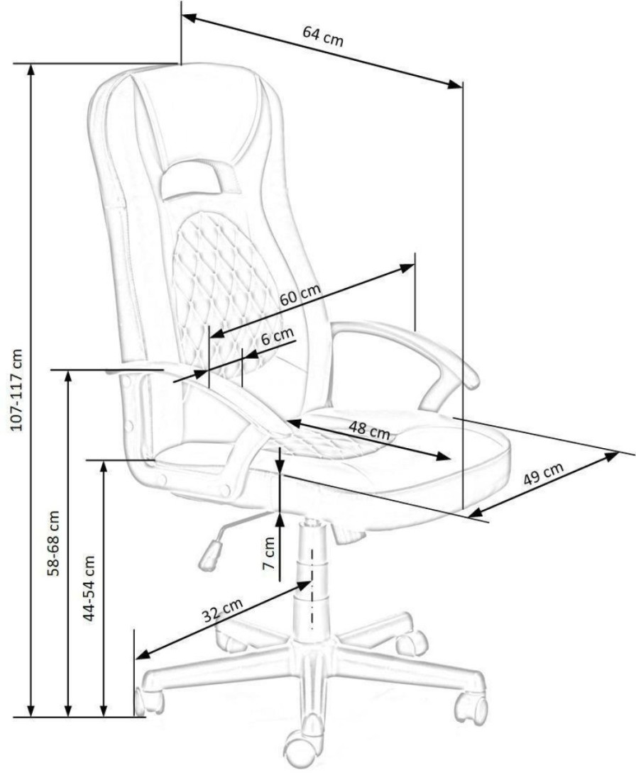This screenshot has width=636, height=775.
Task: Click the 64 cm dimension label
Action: tap(323, 36)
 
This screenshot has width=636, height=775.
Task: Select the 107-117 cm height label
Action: tap(17, 389)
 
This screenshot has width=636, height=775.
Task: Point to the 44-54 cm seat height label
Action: tap(89, 589)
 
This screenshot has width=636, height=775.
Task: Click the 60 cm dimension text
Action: tap(300, 296)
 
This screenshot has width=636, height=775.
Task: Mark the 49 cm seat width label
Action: tap(544, 474)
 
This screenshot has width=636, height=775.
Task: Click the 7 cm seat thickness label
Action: tap(268, 553)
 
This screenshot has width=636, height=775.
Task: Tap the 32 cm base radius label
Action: tap(223, 610)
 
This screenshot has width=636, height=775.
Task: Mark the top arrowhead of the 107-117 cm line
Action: tap(32, 70)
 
